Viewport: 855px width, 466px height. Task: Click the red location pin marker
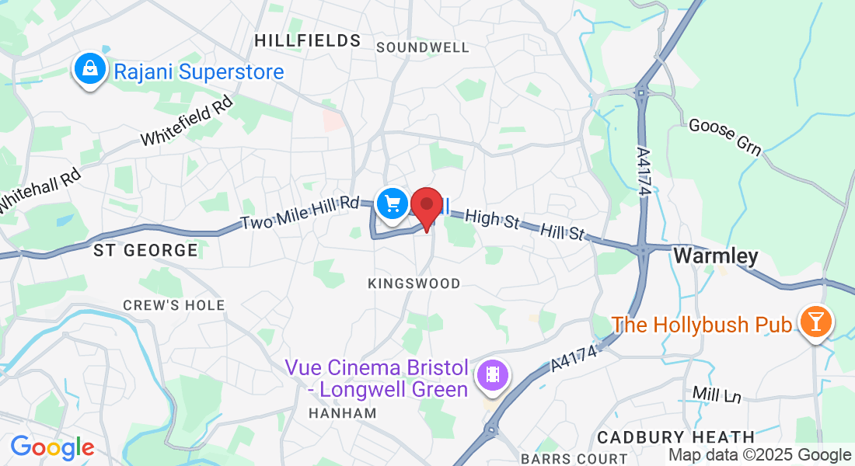[x=427, y=207]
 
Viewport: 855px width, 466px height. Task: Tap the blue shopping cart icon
[x=393, y=204]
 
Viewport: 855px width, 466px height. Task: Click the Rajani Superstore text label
[x=198, y=72]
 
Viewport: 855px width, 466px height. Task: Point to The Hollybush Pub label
[x=702, y=324]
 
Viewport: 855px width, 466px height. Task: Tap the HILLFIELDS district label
[x=308, y=40]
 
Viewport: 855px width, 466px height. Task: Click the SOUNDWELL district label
[x=423, y=47]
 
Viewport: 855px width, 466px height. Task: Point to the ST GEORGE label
[x=145, y=250]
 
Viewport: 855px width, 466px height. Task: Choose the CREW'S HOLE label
[x=174, y=305]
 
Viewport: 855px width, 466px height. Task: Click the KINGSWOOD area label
[x=414, y=283]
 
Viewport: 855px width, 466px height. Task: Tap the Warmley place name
[x=715, y=256]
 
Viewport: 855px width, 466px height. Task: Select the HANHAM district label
[x=343, y=413]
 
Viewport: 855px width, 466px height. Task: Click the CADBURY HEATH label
[x=676, y=437]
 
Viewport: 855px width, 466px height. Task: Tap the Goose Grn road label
[x=725, y=137]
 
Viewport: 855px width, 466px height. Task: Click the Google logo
[x=52, y=447]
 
